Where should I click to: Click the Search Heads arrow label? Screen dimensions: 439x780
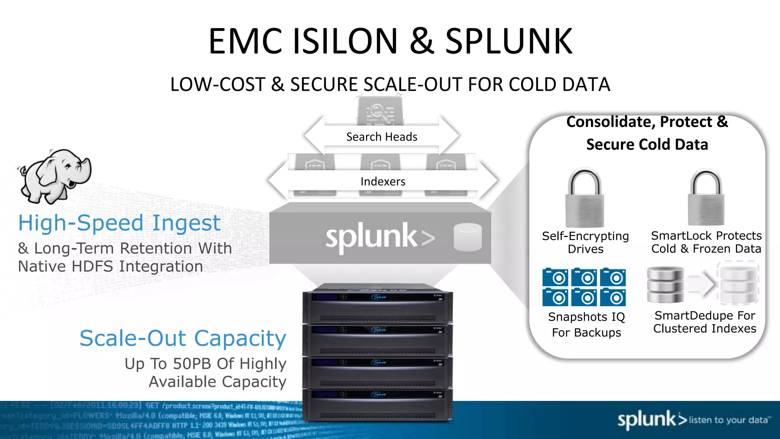[382, 137]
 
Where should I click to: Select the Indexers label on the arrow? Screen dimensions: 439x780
[383, 181]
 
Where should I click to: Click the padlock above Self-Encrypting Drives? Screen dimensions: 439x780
[585, 198]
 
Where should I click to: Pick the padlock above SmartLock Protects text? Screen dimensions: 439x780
[706, 198]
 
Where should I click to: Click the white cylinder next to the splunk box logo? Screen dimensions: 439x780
[468, 237]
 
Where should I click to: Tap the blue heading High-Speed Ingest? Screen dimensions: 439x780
[119, 223]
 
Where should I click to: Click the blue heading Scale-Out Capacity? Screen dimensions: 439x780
[183, 338]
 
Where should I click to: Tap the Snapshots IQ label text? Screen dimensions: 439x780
[587, 317]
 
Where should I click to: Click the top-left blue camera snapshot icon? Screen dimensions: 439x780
[555, 277]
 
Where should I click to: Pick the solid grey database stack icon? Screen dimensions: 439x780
[665, 285]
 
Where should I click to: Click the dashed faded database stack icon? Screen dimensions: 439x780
[738, 284]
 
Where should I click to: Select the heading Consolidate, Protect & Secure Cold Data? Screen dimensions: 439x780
[647, 133]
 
